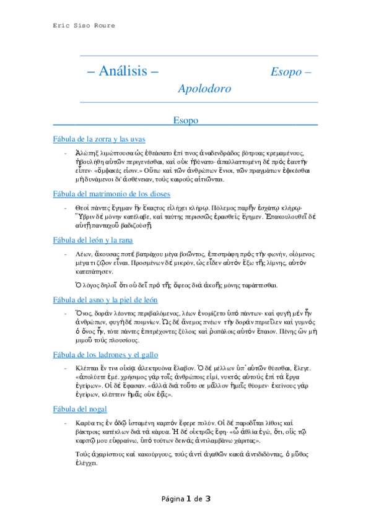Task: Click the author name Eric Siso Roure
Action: [84, 25]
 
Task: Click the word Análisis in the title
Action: [127, 71]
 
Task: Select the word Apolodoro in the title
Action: [204, 89]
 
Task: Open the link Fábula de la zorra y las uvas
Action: [100, 139]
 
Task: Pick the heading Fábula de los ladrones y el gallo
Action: [106, 355]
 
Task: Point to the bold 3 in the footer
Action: [209, 498]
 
